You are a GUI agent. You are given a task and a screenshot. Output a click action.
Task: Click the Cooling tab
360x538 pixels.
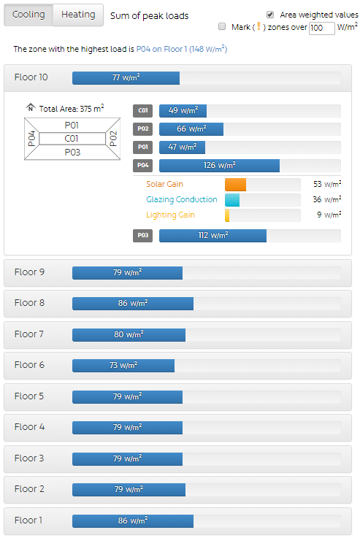pos(28,15)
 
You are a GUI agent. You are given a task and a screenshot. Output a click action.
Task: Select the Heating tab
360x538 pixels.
pos(78,15)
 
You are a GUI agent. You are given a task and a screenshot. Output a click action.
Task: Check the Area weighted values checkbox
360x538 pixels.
pos(270,15)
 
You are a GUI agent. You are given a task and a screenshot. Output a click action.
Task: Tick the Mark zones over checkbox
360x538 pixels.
pos(222,26)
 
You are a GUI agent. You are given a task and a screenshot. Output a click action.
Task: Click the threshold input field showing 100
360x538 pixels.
pos(321,28)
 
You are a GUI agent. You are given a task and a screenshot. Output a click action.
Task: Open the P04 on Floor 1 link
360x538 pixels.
pos(182,49)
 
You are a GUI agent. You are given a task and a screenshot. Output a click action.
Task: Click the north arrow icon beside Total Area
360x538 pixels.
pos(31,107)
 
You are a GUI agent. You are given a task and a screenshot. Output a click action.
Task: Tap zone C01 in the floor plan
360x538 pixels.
pos(72,139)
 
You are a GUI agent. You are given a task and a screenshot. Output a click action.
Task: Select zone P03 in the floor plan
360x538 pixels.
pos(72,152)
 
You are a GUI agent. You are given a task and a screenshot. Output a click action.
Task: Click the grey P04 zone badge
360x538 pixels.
pos(143,166)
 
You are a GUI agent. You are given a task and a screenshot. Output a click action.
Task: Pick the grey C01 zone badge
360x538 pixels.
pos(143,110)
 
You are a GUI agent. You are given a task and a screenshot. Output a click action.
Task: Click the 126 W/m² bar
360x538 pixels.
pos(219,166)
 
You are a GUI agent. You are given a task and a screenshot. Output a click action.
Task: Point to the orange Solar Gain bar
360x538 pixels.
pos(235,185)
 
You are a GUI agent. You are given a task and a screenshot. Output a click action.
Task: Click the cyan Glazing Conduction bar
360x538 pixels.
pos(232,200)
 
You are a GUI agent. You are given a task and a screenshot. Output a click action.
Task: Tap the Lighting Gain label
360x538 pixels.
pos(170,215)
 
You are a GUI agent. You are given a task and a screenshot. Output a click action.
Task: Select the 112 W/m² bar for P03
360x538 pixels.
pos(212,236)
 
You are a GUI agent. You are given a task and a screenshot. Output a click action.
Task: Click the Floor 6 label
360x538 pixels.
pos(29,365)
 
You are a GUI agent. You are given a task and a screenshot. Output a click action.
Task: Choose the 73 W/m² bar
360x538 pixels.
pos(123,366)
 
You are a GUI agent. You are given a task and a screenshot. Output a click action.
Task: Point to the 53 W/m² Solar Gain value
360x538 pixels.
pos(327,184)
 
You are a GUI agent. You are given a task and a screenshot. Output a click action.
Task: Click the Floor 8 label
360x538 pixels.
pos(29,303)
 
